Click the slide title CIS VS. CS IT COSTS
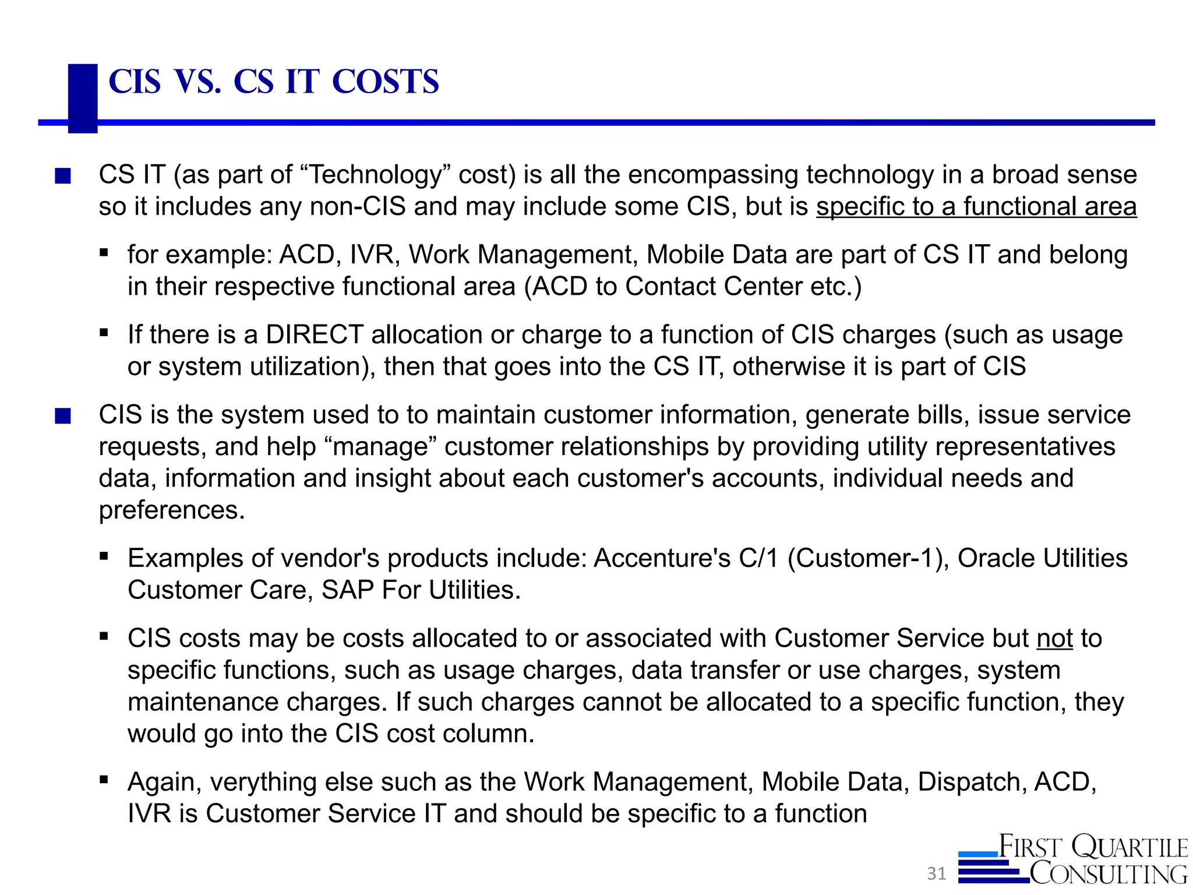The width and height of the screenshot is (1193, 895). pos(273,82)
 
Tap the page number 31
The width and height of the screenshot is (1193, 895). pos(936,873)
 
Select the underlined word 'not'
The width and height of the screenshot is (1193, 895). pos(1054,638)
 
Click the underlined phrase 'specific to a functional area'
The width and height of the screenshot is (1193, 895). pos(976,207)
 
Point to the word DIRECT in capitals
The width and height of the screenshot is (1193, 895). pos(315,335)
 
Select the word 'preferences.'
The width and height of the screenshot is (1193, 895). pos(172,510)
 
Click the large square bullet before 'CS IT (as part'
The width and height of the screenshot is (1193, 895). pos(63,176)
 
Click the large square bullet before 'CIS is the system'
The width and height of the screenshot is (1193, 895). pos(63,416)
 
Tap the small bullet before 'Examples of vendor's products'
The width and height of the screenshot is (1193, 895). pos(104,556)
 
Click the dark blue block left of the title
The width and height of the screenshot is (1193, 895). pos(82,98)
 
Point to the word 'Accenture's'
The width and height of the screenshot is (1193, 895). pos(662,558)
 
